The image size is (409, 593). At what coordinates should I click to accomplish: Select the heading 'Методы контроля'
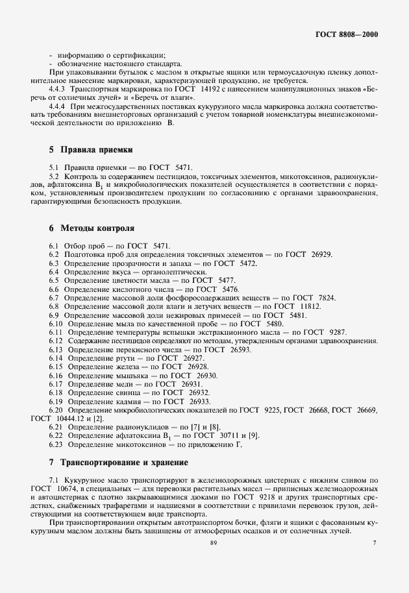[97, 228]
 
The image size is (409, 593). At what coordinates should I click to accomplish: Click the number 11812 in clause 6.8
[310, 306]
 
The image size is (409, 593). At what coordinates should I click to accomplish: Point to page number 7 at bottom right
[375, 542]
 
